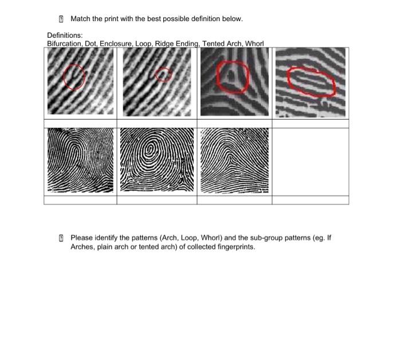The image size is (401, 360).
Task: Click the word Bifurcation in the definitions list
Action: coord(64,44)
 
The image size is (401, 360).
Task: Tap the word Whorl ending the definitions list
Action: coord(254,44)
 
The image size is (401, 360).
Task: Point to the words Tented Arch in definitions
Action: coord(222,44)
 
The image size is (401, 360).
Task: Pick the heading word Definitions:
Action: coord(65,36)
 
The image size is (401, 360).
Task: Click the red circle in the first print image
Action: coord(74,77)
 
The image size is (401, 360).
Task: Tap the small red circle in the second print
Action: coord(163,75)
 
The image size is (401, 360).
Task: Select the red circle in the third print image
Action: coord(233,77)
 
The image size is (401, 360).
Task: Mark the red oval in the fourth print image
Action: coord(310,82)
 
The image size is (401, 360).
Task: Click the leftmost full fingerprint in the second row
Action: coord(80,160)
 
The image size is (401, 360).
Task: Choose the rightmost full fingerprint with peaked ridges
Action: coord(234,160)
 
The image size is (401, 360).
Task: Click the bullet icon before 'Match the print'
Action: coord(62,19)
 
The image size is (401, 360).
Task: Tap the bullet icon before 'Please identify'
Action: coord(62,237)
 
